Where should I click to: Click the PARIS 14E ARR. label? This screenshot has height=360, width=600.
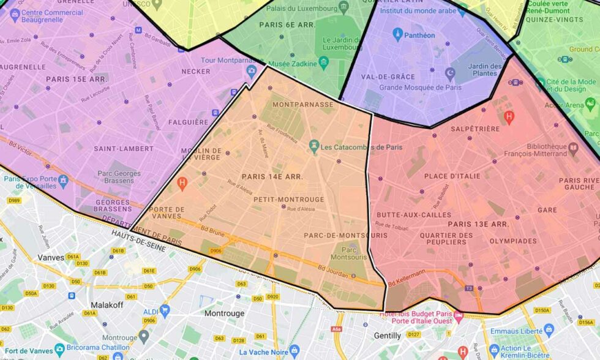coord(272,176)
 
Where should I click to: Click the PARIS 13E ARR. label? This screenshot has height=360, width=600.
coord(478,224)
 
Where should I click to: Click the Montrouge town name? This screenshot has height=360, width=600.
coord(224,313)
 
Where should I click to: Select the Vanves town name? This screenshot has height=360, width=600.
coord(51,258)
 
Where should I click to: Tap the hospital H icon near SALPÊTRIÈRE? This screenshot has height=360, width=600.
coord(508,116)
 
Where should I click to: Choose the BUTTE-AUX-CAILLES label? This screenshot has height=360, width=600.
coord(413,215)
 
